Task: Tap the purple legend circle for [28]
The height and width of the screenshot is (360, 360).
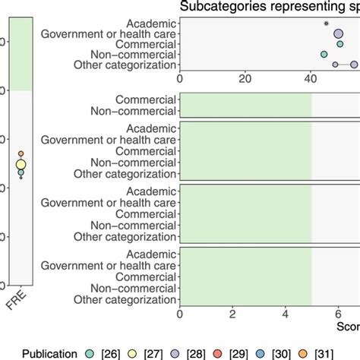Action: coord(194,353)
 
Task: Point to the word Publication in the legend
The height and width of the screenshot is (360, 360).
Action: coord(49,353)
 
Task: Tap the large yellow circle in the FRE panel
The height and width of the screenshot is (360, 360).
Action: coord(21,165)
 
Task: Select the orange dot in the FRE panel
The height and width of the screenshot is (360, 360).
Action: coord(21,154)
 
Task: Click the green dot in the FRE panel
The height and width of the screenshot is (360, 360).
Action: coord(21,173)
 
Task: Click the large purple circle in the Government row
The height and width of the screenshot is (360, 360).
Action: coord(339,33)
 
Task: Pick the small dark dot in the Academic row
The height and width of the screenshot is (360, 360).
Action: coord(327,24)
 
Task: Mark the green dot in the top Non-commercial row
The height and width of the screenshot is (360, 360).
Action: coord(324,55)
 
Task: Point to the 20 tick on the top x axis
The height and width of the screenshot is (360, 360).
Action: coord(245,77)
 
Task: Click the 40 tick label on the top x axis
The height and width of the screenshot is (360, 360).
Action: coord(311,77)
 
